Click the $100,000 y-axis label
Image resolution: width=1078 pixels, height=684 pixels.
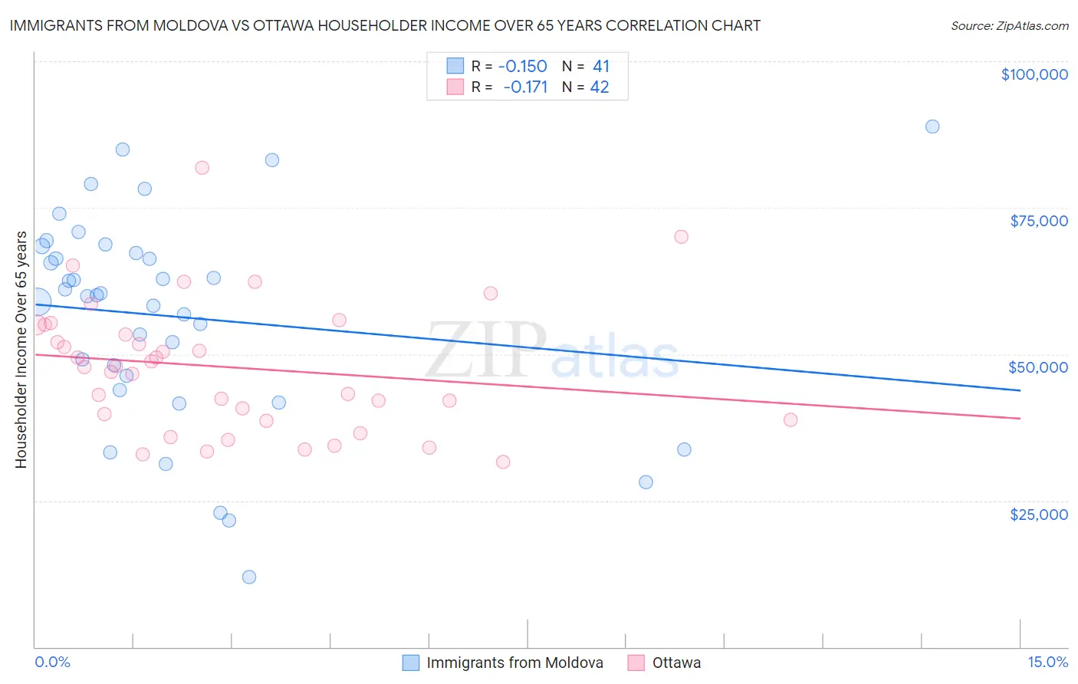coord(1034,74)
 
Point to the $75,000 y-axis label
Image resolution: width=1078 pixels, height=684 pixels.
coord(1038,221)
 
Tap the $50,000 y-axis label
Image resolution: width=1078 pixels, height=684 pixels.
coord(1037,367)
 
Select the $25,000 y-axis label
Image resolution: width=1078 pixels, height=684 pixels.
coord(1038,515)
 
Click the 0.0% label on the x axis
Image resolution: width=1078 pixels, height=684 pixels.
coord(52,662)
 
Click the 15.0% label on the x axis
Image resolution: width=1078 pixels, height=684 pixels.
coord(1047,662)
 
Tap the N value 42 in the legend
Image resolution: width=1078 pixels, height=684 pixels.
coord(600,87)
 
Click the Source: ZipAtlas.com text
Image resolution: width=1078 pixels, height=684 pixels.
coord(1009,26)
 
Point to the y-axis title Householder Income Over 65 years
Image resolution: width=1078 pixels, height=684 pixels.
coord(21,350)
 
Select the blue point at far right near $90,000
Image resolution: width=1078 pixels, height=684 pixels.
coord(932,127)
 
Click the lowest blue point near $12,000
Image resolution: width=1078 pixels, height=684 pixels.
coord(248,577)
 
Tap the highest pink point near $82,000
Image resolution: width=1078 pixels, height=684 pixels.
coord(202,168)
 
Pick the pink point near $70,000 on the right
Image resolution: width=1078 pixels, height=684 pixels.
coord(681,237)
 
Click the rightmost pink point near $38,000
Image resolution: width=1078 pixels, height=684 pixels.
coord(790,419)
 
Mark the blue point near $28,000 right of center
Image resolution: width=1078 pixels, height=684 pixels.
coord(646,482)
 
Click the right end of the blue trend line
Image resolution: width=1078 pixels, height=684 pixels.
coord(1020,390)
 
